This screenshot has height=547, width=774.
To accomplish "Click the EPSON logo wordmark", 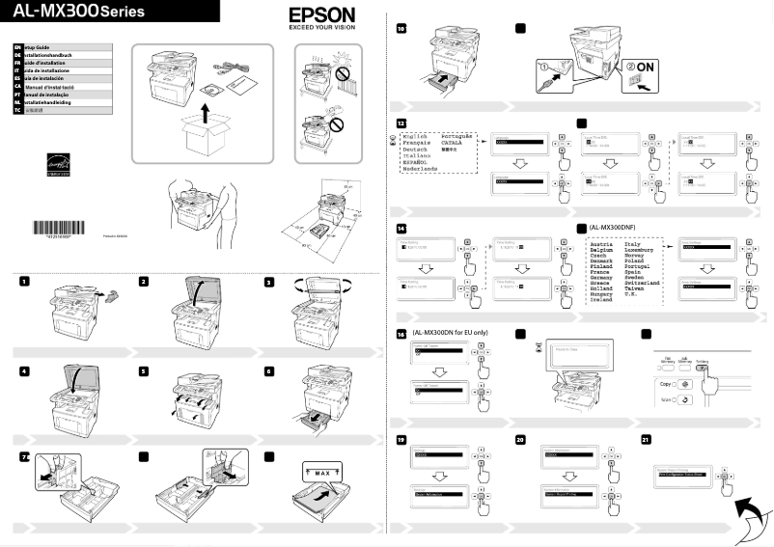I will click(x=321, y=15).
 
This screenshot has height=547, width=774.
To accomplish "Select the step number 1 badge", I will click(x=23, y=282).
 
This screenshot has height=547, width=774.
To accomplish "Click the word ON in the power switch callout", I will click(x=643, y=68).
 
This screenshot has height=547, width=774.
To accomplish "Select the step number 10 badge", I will click(x=401, y=29).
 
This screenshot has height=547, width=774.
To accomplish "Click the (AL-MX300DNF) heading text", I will click(x=619, y=227).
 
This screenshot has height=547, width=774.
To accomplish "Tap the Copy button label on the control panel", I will click(x=665, y=384).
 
